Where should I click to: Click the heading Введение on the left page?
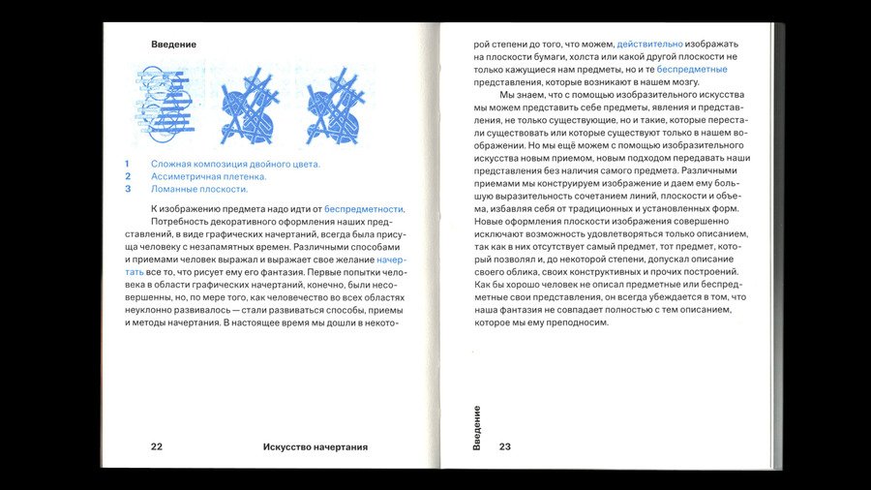tap(173, 45)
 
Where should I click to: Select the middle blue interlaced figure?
tap(250, 104)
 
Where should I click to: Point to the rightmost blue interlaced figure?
tap(335, 104)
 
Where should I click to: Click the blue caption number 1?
tap(127, 164)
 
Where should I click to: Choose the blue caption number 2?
tap(127, 176)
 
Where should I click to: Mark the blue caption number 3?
tap(127, 189)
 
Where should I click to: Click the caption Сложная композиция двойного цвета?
tap(235, 164)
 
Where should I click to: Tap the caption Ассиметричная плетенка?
tap(208, 176)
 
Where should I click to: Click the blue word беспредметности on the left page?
tap(364, 208)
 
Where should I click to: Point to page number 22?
tap(156, 446)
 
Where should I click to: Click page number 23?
tap(504, 446)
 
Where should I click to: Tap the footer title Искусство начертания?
tap(315, 446)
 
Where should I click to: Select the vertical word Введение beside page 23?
tap(477, 427)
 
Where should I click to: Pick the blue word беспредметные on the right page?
tap(692, 70)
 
